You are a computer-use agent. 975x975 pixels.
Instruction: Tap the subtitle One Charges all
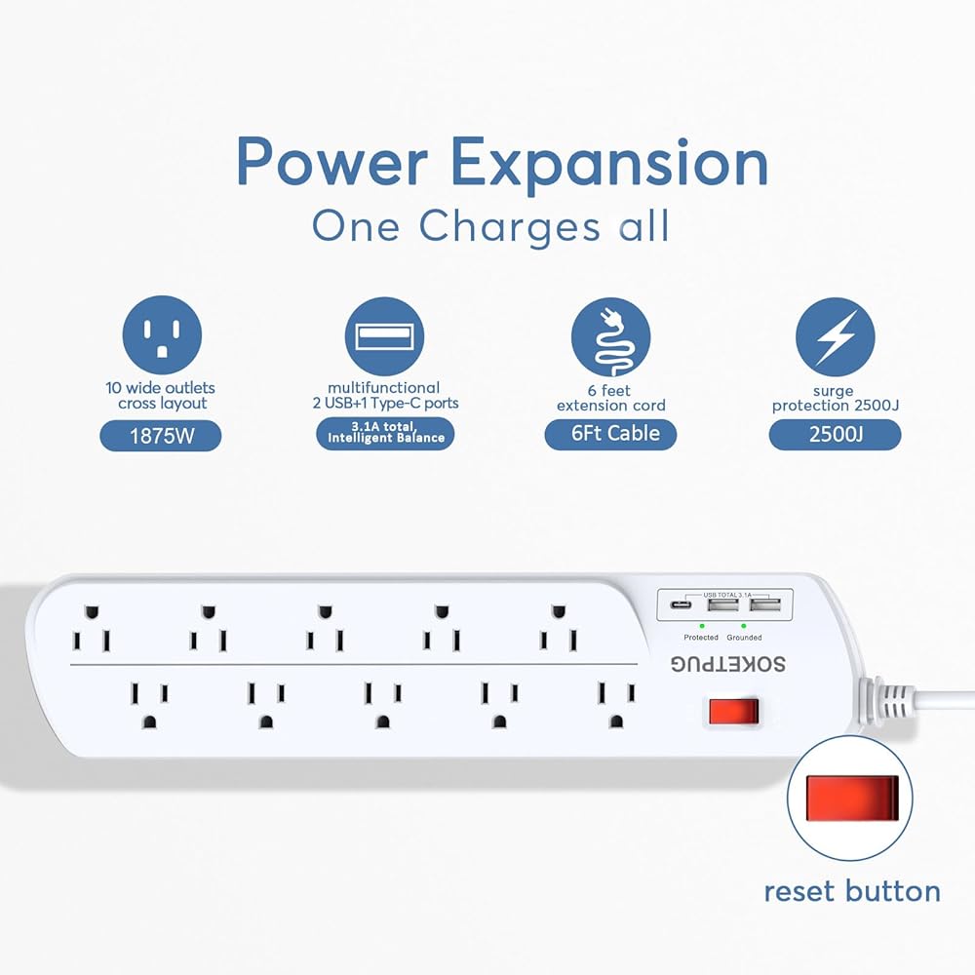point(490,226)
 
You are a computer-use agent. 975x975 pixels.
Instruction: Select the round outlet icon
point(162,336)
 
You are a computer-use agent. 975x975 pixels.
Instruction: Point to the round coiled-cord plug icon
point(610,336)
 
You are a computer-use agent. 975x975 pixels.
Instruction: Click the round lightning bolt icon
point(835,336)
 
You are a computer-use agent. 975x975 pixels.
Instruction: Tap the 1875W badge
point(161,435)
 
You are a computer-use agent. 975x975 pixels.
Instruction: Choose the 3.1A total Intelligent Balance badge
point(386,432)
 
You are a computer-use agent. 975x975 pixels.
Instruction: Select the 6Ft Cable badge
point(610,434)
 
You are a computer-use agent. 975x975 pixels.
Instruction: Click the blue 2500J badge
point(835,434)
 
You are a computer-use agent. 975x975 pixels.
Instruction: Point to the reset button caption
point(851,891)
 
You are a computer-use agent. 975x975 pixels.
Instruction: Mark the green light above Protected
point(702,624)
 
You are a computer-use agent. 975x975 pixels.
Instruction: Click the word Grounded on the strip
point(744,637)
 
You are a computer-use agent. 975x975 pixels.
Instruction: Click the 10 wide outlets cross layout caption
point(162,395)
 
